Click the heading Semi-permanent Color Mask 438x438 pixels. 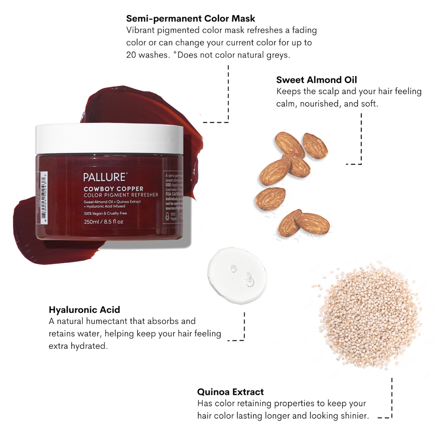point(191,18)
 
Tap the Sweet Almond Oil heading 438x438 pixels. point(316,79)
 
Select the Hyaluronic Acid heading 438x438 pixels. point(84,310)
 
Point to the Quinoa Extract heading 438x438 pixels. point(230,392)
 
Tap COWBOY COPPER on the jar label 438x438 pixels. point(113,189)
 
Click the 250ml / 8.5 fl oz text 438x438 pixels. point(103,222)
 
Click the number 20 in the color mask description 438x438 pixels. point(131,55)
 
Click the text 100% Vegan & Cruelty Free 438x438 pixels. point(105,213)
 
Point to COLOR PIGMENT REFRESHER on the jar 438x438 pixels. point(121,195)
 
